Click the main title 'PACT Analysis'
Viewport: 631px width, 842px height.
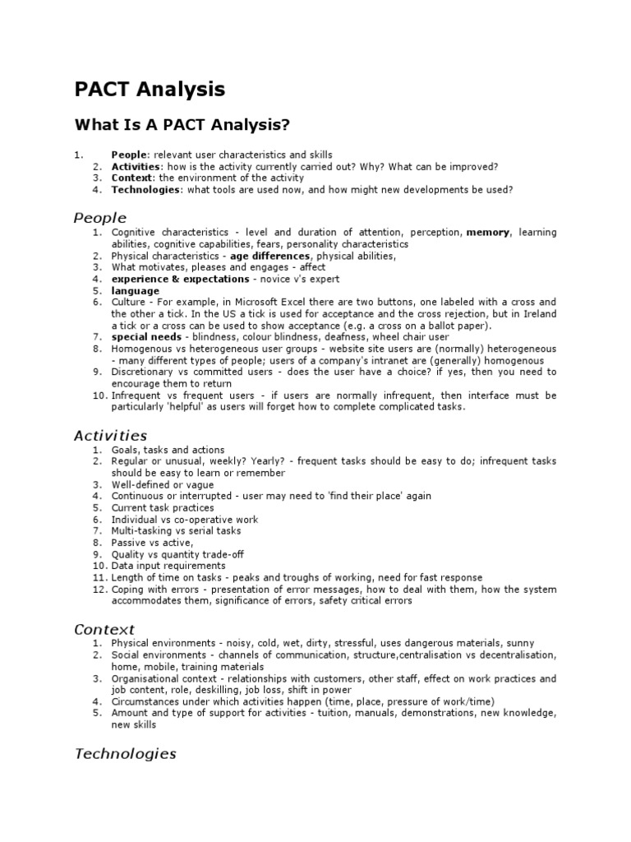tap(150, 89)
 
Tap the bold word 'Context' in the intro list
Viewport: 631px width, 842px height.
tap(131, 178)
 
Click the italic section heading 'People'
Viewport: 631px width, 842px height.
tap(100, 218)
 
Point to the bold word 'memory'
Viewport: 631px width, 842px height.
tap(488, 233)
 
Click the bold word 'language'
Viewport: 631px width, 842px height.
tap(136, 291)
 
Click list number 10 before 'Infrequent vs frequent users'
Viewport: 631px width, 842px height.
tap(99, 396)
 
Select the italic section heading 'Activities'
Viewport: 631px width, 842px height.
tap(110, 436)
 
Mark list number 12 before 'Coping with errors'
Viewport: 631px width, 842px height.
tap(99, 590)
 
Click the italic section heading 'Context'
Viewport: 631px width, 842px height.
tap(104, 629)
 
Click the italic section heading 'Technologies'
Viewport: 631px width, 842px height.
tap(125, 753)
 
